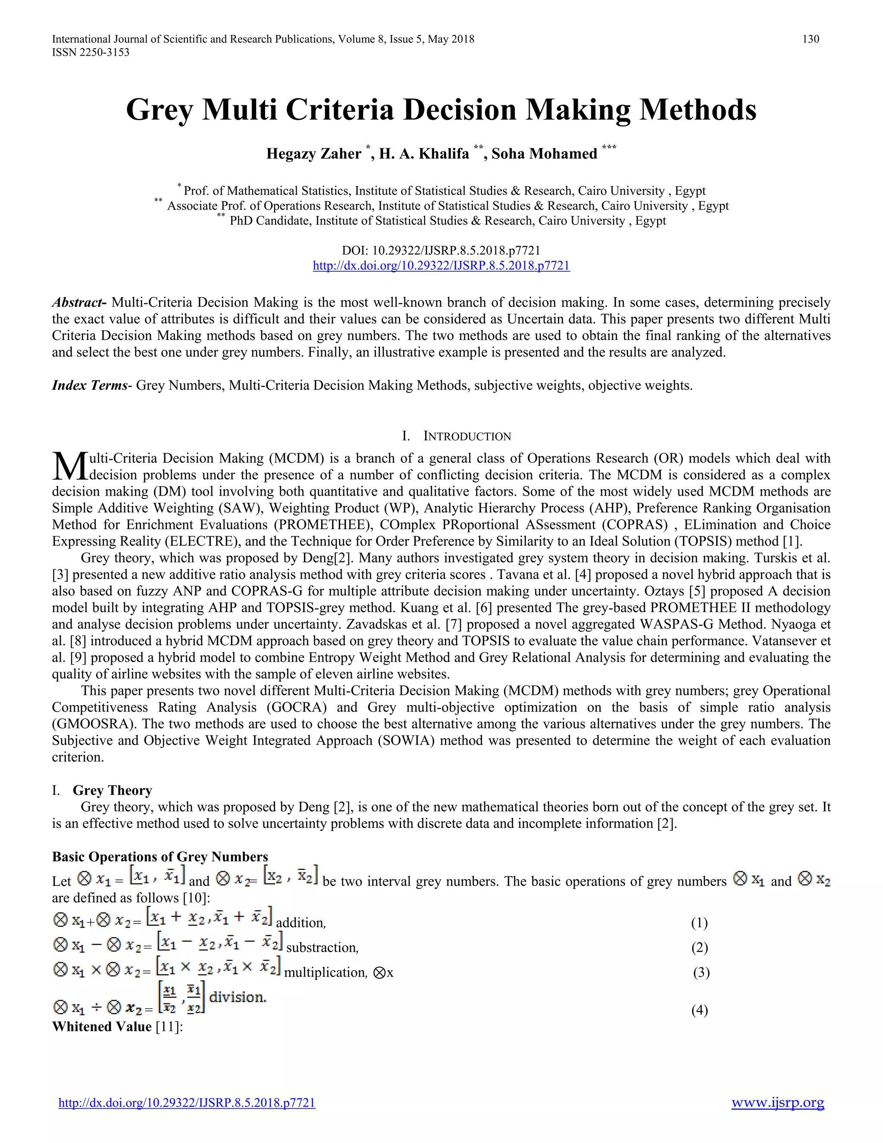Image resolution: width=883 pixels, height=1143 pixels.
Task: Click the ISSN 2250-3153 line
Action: (91, 52)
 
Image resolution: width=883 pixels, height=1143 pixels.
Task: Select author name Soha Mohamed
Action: (544, 154)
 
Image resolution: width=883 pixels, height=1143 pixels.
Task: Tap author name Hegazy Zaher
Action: (313, 154)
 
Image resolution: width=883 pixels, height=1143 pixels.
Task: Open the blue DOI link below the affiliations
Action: (441, 266)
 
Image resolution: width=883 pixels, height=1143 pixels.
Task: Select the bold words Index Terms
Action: (89, 386)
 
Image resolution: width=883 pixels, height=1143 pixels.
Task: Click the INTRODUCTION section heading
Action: (467, 436)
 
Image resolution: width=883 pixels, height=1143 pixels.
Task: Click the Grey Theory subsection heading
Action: (112, 790)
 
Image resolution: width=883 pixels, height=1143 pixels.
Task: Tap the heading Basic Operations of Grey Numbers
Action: (160, 857)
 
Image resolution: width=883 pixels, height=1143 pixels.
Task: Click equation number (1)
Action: (699, 923)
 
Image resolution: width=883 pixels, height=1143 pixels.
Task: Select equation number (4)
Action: (699, 1010)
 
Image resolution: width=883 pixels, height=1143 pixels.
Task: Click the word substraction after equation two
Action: (322, 948)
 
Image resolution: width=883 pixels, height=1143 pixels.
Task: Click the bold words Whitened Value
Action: (101, 1027)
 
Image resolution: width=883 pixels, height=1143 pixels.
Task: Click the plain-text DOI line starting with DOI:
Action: (441, 251)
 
